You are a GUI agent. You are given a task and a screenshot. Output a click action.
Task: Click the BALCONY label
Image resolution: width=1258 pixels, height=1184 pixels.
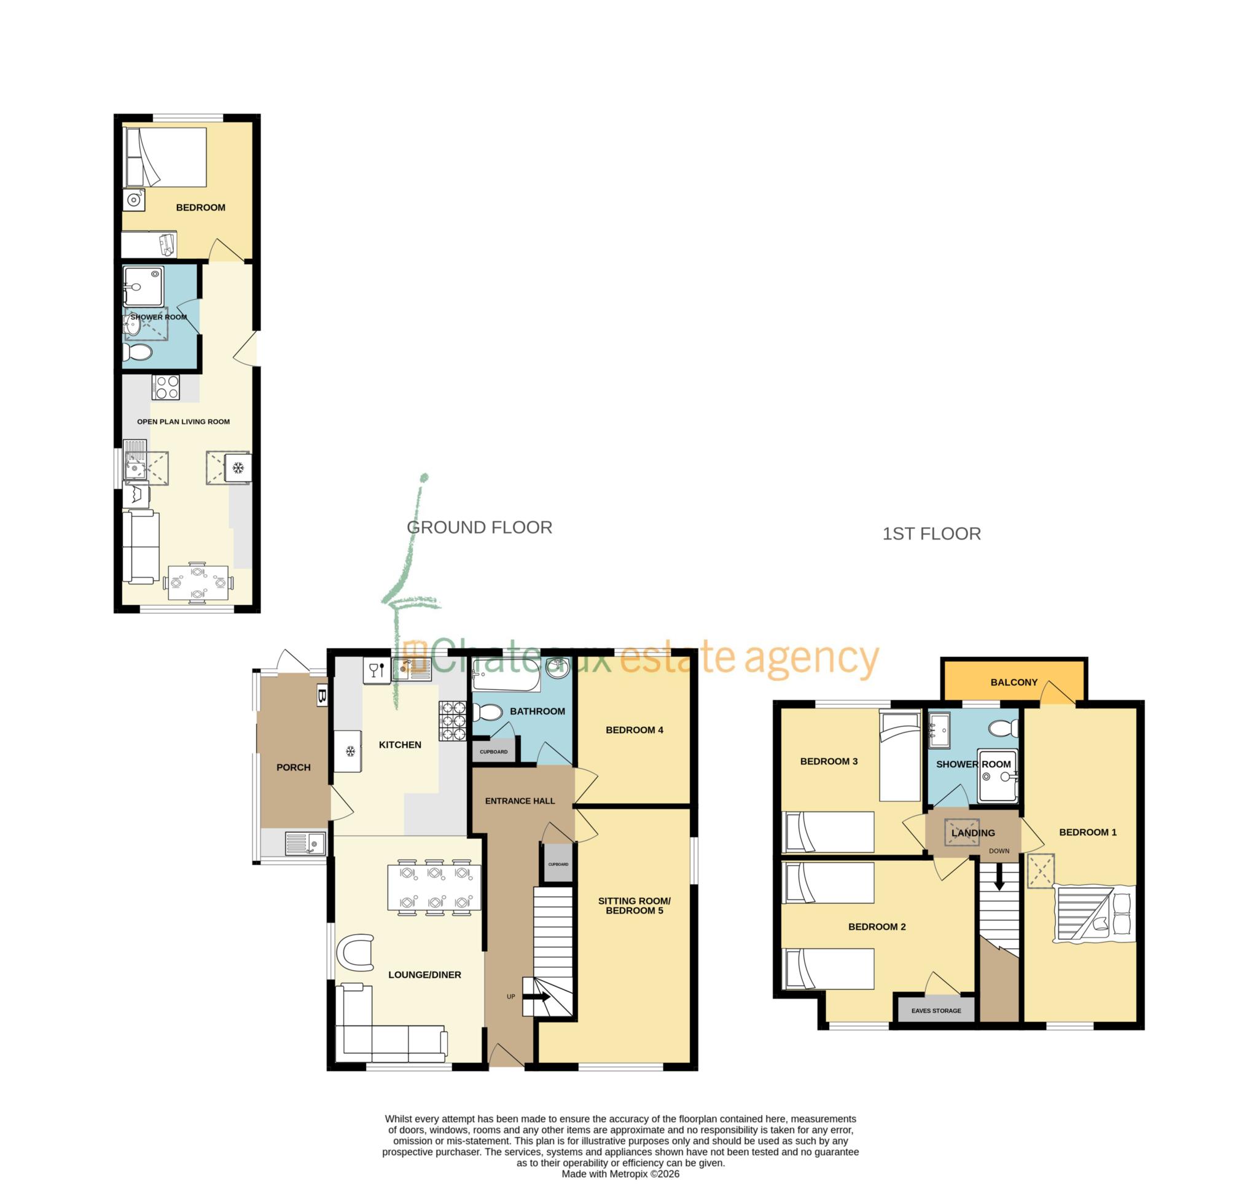click(x=1013, y=682)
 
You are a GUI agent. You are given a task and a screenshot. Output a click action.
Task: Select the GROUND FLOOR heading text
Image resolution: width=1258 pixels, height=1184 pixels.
click(x=479, y=527)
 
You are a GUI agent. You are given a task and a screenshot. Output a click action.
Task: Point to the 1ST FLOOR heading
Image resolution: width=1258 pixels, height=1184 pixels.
click(x=931, y=533)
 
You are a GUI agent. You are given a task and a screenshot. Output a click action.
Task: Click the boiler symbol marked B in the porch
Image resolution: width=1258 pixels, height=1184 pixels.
click(x=321, y=696)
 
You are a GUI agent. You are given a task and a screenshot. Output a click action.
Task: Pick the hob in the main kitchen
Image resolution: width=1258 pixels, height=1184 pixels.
click(x=453, y=721)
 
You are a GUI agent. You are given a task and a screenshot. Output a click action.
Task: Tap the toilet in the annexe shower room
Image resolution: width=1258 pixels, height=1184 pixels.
click(x=138, y=352)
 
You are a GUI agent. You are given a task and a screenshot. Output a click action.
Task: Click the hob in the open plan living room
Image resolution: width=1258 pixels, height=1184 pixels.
click(x=166, y=387)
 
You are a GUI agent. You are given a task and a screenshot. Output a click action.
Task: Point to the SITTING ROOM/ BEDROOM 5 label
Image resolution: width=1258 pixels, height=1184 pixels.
click(x=634, y=906)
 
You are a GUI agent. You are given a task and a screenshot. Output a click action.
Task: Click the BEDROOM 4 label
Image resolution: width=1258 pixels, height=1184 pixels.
click(x=634, y=730)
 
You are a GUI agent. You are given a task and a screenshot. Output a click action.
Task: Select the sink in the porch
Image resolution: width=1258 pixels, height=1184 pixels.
click(x=305, y=843)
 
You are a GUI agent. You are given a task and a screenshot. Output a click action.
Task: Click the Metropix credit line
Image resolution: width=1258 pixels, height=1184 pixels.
click(x=620, y=1174)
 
